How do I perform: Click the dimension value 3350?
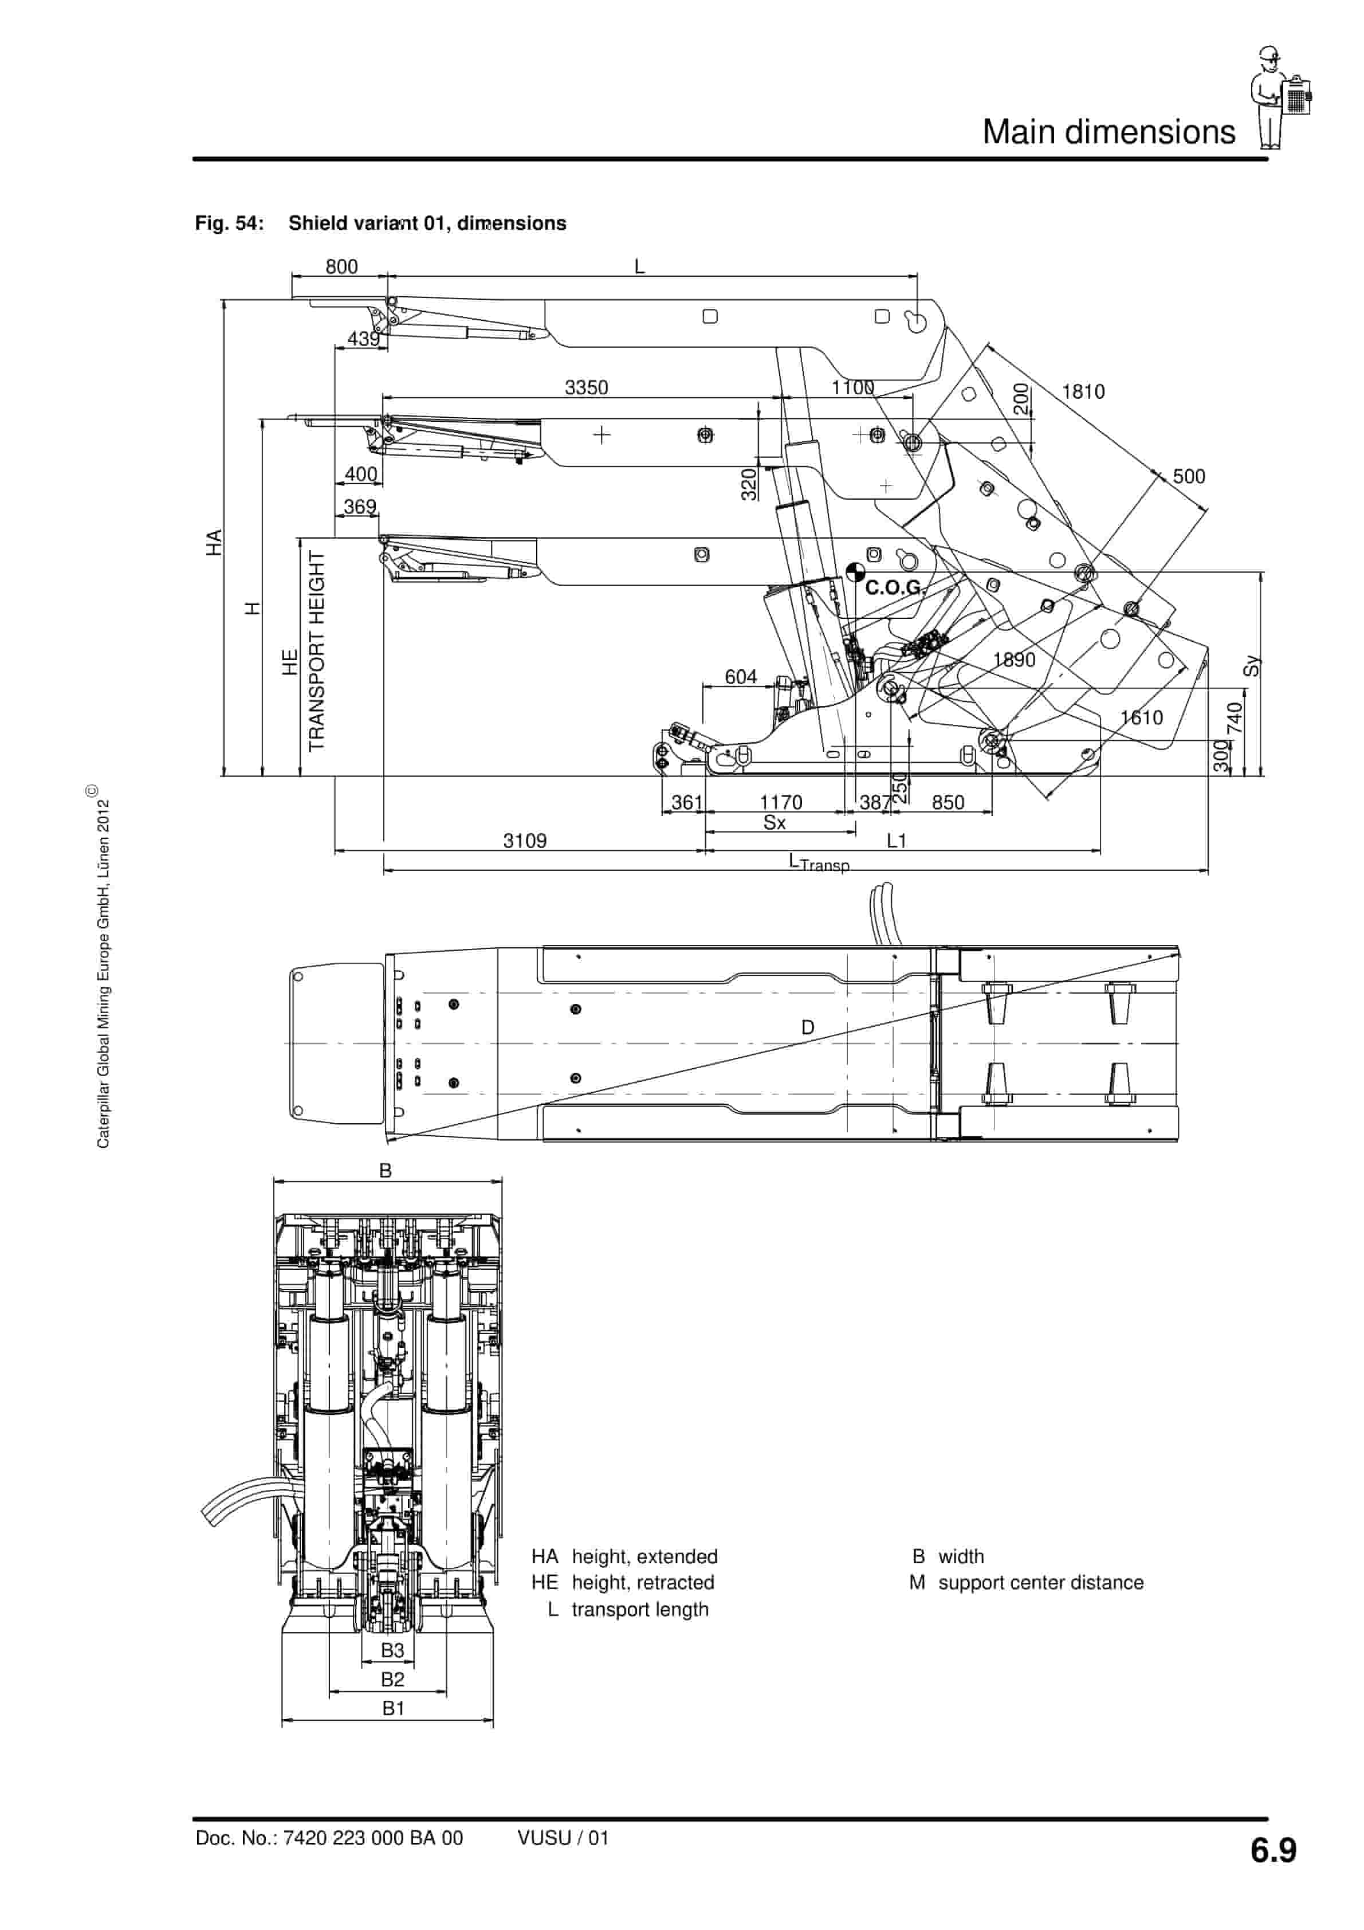pos(586,387)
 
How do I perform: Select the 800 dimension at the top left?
pos(341,266)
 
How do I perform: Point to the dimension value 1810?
pos(1083,392)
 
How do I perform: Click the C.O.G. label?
pos(893,587)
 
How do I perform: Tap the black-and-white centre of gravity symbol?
pos(855,572)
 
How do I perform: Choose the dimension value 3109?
pos(524,841)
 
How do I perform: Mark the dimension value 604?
pos(740,677)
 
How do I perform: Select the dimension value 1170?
pos(781,802)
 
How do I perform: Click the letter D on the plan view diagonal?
pos(808,1027)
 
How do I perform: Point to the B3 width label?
pos(392,1650)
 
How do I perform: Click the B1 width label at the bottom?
pos(394,1708)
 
